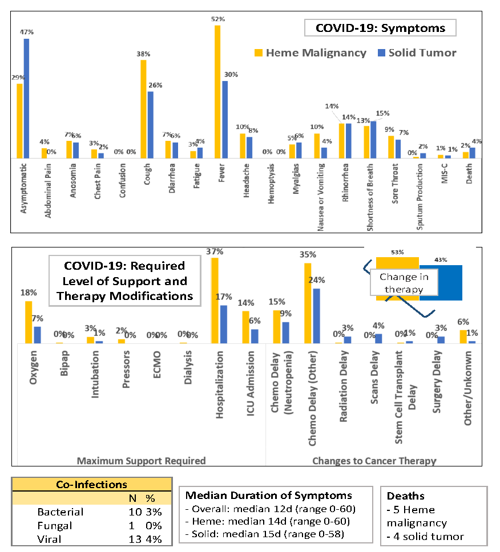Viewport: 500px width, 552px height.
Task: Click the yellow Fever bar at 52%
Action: point(217,91)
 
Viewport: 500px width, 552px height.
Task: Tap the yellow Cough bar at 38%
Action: point(144,109)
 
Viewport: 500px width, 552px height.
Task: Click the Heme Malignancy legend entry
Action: point(311,52)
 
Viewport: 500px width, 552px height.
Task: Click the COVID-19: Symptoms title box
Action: point(373,28)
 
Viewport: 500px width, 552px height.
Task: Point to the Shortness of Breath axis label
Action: point(371,194)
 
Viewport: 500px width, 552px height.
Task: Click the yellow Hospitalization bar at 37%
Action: point(215,301)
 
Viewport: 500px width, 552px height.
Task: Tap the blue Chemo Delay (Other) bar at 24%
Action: point(317,316)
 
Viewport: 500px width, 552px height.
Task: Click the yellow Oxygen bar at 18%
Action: point(29,322)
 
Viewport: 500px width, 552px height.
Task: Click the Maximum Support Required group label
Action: point(142,460)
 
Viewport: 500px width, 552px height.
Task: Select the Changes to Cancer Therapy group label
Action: point(374,460)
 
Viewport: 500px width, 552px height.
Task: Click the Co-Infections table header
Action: point(91,485)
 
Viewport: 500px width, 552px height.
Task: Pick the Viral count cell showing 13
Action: point(135,539)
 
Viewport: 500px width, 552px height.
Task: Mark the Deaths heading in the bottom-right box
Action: point(406,496)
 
